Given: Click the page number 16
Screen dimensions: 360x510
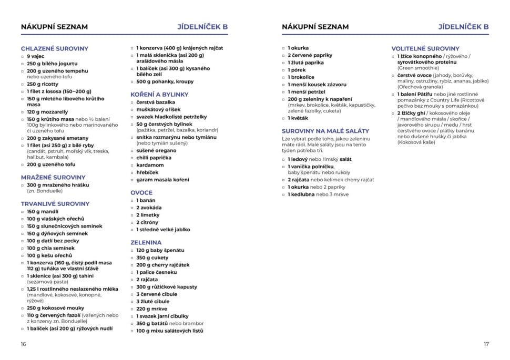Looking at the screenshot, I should (x=23, y=344).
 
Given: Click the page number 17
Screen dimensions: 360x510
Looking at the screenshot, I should (x=486, y=344).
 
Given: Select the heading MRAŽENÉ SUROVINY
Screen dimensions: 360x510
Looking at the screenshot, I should (x=53, y=177).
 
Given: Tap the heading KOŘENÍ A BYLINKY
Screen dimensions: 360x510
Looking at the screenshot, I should (x=159, y=94).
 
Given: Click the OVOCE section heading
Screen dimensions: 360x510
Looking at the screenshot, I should (x=141, y=192).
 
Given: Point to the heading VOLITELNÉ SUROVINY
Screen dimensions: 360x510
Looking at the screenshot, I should (x=425, y=48).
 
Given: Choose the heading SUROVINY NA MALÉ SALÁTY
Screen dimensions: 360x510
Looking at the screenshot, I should (x=325, y=130).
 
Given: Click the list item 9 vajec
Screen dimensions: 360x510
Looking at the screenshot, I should (x=36, y=56).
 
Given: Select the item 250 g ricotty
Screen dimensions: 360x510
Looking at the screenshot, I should (x=43, y=84).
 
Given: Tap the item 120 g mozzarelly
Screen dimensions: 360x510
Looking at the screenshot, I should (x=47, y=111).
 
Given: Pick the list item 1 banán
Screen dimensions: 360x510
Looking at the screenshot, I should (x=145, y=200).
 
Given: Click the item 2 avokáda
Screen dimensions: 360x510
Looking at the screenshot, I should (x=148, y=208).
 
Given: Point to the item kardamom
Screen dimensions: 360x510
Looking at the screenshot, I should (x=150, y=165).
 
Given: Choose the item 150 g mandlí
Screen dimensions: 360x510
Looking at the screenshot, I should (x=42, y=211).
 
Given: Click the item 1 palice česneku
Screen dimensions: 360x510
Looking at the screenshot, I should (x=157, y=272).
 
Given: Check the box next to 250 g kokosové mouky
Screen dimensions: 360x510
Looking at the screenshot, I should (x=22, y=308).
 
